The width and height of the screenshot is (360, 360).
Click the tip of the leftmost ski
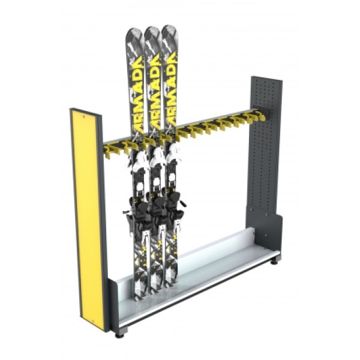[134, 28]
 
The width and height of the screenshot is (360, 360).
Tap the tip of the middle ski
[152, 27]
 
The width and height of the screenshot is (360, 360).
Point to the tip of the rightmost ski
[169, 25]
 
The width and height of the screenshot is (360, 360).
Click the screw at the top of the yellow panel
[83, 117]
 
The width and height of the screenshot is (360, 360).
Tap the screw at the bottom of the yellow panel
[92, 321]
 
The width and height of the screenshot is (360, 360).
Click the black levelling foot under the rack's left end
[119, 335]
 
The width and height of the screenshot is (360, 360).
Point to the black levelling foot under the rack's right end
[275, 262]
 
